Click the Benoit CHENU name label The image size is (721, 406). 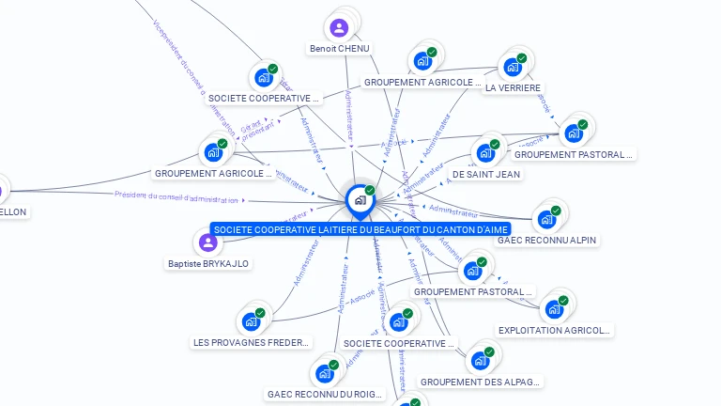[x=340, y=48]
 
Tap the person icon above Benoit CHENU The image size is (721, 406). [x=339, y=28]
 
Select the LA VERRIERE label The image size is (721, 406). [x=514, y=87]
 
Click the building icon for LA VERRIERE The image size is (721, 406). [x=513, y=67]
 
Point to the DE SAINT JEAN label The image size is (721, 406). [x=486, y=174]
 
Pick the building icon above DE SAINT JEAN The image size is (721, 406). [x=485, y=152]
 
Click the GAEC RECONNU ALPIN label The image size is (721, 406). [x=546, y=240]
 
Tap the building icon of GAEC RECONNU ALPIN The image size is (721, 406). [x=546, y=220]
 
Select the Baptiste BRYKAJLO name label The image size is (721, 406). [x=208, y=263]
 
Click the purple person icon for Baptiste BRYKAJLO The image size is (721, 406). [x=207, y=242]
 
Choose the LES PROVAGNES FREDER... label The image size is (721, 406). [x=251, y=342]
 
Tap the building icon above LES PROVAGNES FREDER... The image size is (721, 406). [x=251, y=321]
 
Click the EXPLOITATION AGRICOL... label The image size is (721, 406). [x=555, y=330]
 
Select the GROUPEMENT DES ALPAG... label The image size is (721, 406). [x=481, y=382]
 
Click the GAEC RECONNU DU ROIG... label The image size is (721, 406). [x=325, y=394]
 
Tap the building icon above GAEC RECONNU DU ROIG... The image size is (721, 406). [x=325, y=373]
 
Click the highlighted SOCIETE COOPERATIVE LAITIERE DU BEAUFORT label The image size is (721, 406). [x=360, y=229]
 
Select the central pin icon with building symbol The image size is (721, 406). [x=360, y=199]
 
